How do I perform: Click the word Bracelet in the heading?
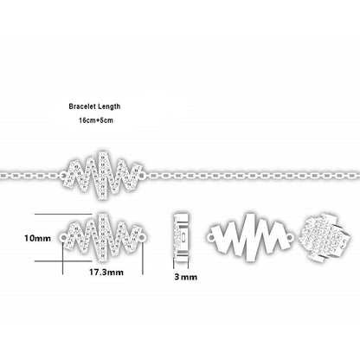pyautogui.click(x=82, y=106)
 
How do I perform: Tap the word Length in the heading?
pyautogui.click(x=109, y=106)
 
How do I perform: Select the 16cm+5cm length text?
pyautogui.click(x=96, y=120)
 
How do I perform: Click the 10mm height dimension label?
pyautogui.click(x=37, y=238)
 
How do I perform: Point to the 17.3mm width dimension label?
pyautogui.click(x=106, y=272)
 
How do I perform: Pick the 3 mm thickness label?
pyautogui.click(x=186, y=277)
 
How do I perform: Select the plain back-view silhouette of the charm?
pyautogui.click(x=251, y=237)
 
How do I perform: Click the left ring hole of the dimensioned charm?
pyautogui.click(x=63, y=237)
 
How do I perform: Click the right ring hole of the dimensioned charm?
pyautogui.click(x=143, y=237)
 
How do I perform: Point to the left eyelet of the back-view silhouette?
pyautogui.click(x=211, y=238)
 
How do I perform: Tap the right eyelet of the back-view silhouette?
pyautogui.click(x=290, y=237)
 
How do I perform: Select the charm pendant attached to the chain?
pyautogui.click(x=102, y=175)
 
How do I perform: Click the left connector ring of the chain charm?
pyautogui.click(x=63, y=175)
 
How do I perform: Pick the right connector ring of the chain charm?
pyautogui.click(x=141, y=175)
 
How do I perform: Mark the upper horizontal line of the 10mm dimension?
pyautogui.click(x=63, y=214)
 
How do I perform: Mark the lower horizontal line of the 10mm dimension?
pyautogui.click(x=63, y=261)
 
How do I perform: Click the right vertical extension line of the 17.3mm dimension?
pyautogui.click(x=143, y=258)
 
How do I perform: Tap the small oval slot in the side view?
pyautogui.click(x=183, y=237)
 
